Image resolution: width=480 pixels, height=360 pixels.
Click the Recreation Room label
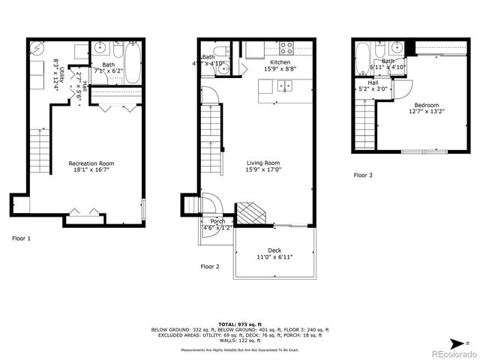[x=91, y=163]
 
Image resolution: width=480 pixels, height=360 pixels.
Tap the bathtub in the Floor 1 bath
[x=131, y=62]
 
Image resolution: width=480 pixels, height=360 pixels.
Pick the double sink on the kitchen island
[x=285, y=86]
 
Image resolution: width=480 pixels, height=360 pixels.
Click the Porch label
[x=217, y=221]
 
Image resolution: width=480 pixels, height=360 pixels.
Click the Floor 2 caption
[x=209, y=266]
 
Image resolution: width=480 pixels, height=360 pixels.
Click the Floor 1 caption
[x=22, y=238]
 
